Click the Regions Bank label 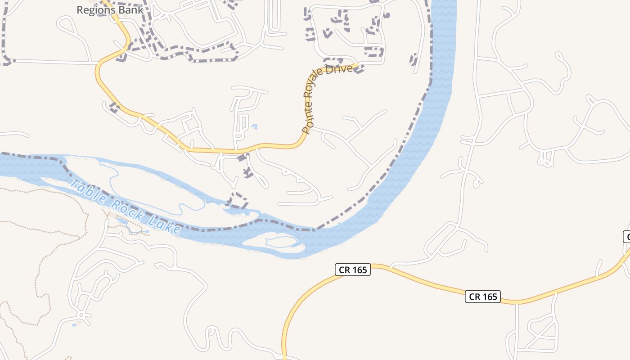(x=110, y=9)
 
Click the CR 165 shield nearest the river (x=353, y=270)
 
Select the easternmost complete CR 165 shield (x=483, y=297)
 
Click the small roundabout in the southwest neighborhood (x=81, y=315)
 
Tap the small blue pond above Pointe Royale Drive (x=255, y=126)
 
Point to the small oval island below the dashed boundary (x=270, y=243)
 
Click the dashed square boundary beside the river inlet (x=238, y=200)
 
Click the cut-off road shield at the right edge (x=626, y=237)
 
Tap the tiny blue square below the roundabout (x=74, y=325)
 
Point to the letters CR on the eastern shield (x=475, y=297)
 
